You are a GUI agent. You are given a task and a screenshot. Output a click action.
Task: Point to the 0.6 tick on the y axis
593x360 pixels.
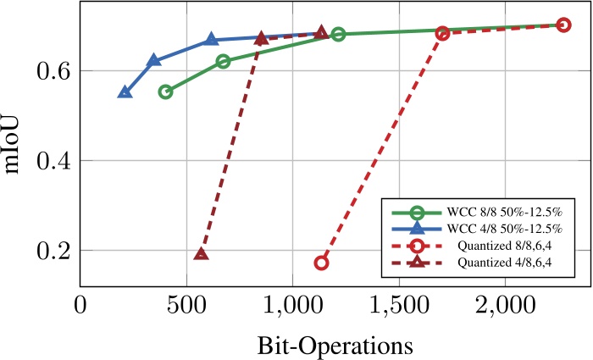(53, 71)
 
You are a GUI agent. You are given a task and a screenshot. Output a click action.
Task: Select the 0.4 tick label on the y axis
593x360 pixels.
(53, 161)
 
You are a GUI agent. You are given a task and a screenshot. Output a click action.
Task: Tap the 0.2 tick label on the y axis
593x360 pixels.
(53, 251)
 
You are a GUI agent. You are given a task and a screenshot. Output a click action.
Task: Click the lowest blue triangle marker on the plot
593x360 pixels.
(125, 92)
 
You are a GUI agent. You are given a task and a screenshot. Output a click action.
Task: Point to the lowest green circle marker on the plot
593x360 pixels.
(165, 91)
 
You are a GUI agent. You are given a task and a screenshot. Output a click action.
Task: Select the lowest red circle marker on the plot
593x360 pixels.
(321, 263)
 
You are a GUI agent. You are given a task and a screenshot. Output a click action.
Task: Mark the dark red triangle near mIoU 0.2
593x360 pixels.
(202, 254)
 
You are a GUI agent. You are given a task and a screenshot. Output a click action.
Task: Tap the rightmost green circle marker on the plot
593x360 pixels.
(338, 35)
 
